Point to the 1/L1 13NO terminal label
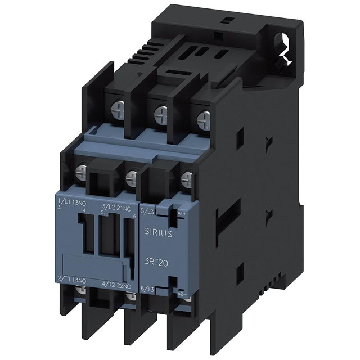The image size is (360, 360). click(x=73, y=201)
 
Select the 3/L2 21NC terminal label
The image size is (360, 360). click(x=116, y=208)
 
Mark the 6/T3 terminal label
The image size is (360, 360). click(x=147, y=289)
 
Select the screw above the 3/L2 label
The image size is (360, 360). click(x=132, y=178)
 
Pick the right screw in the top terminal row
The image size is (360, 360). click(x=204, y=118)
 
